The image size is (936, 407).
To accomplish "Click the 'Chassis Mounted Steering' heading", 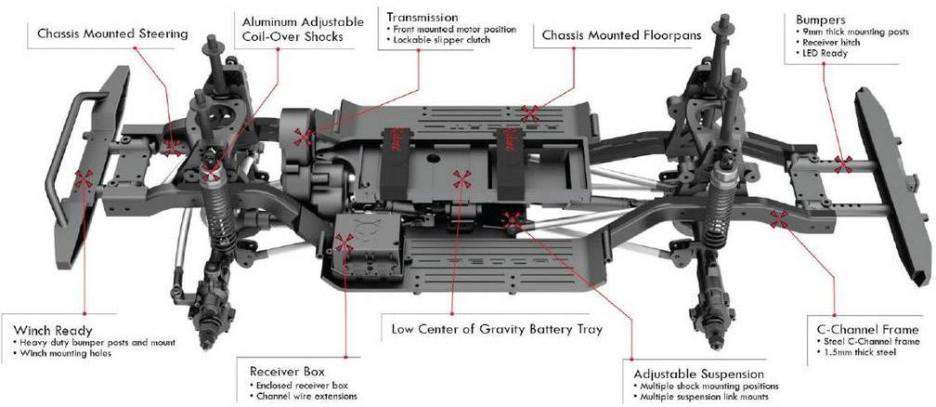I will coord(112,34).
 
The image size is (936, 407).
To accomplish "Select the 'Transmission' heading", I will coord(422,17).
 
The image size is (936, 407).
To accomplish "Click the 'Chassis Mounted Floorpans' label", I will coord(619,35).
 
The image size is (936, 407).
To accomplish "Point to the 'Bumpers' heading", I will coord(821,19).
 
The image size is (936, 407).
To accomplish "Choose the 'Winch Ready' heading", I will coord(53,330).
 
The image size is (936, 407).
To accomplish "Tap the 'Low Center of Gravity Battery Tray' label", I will coord(497,329).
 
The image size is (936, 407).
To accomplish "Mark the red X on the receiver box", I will coord(344,243).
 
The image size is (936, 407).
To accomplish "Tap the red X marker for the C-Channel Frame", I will coord(779,219).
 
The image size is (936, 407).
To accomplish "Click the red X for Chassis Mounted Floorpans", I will coord(530,114).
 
